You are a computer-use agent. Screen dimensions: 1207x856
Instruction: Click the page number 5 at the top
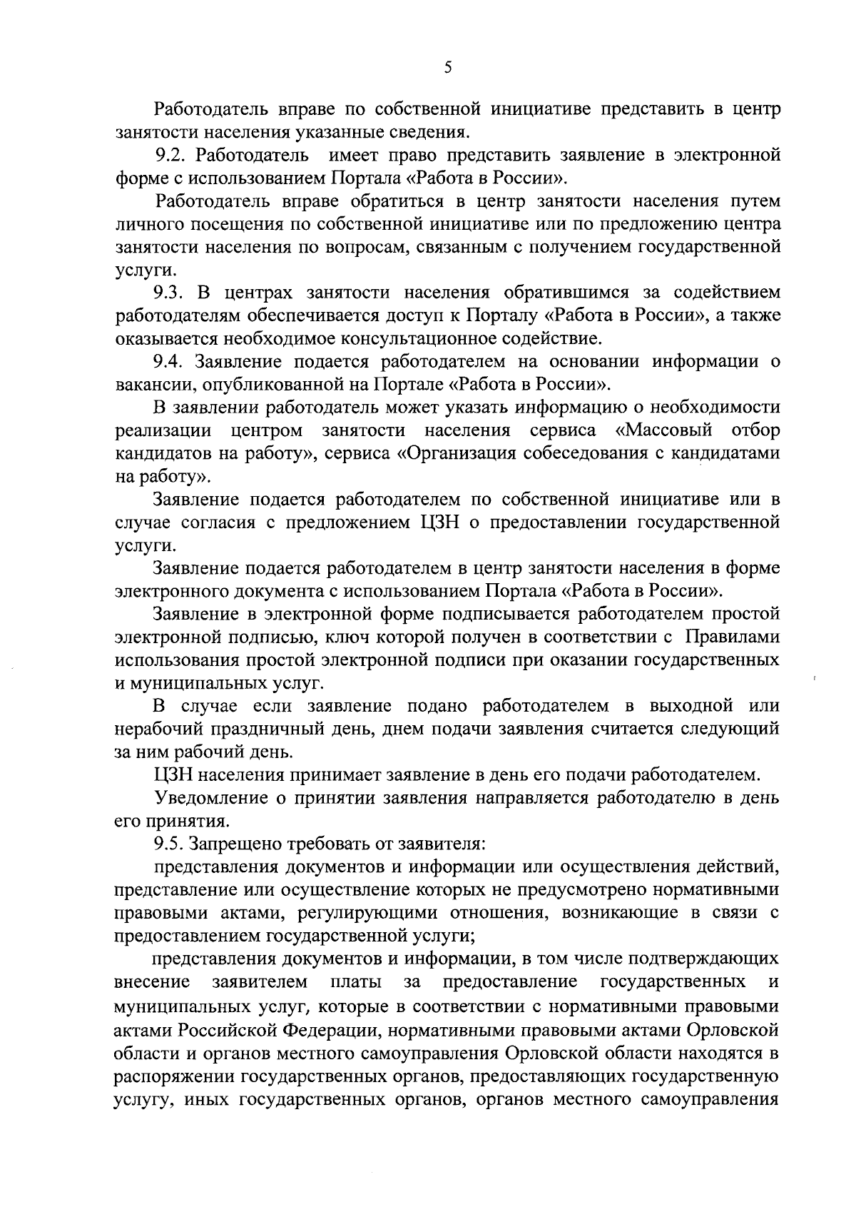point(447,67)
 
